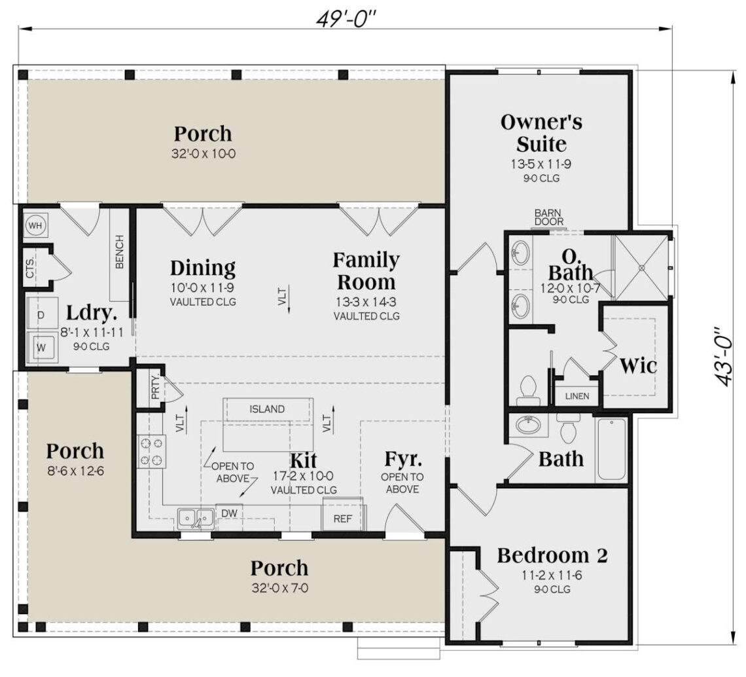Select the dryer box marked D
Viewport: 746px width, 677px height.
tap(41, 316)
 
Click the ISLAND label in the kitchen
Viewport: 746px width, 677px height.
tap(267, 409)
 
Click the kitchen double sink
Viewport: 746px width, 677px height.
tap(196, 519)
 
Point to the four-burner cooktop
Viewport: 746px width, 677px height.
tap(151, 452)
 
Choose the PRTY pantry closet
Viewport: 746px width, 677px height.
tap(155, 392)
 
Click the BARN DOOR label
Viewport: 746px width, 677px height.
tap(548, 217)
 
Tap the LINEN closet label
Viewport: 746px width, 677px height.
tap(577, 396)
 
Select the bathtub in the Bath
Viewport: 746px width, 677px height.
tap(611, 450)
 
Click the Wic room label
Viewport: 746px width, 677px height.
tap(638, 365)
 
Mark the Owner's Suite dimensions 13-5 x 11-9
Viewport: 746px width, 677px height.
tap(541, 164)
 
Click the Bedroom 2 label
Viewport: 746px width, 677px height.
tap(552, 555)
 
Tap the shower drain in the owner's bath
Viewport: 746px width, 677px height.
tap(641, 266)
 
